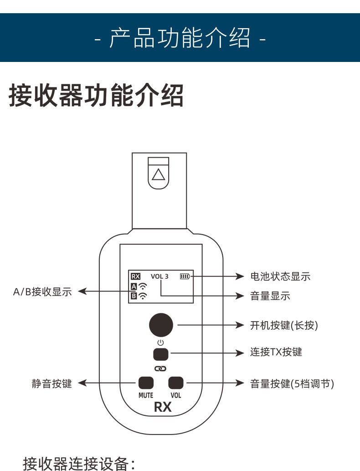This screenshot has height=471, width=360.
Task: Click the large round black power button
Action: (x=161, y=325)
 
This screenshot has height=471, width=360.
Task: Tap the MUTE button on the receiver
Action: (x=146, y=383)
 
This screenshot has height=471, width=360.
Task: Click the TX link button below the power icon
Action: (x=161, y=353)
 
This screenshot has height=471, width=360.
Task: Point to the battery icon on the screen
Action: (x=185, y=276)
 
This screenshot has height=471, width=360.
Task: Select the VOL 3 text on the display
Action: (x=159, y=276)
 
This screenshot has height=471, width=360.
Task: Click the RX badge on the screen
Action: (x=135, y=276)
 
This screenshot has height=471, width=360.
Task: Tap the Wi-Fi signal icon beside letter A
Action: (x=143, y=287)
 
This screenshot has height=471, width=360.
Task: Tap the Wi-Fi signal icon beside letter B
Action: (x=143, y=296)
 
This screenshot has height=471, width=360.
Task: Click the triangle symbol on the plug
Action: (x=159, y=174)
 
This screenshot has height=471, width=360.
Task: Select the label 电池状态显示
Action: (x=280, y=276)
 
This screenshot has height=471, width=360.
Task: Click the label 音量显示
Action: (x=270, y=296)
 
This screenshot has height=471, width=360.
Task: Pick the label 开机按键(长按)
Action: (x=284, y=325)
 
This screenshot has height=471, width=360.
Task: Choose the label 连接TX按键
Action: (x=276, y=352)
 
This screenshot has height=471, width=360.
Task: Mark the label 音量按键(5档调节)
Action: (x=292, y=384)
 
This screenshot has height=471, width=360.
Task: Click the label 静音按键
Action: (x=52, y=384)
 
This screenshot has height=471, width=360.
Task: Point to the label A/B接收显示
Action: (x=42, y=292)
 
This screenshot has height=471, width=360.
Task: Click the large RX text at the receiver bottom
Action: (x=163, y=407)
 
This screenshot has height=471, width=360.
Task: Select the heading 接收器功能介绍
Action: (x=96, y=95)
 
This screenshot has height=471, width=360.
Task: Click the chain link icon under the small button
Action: (x=161, y=368)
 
